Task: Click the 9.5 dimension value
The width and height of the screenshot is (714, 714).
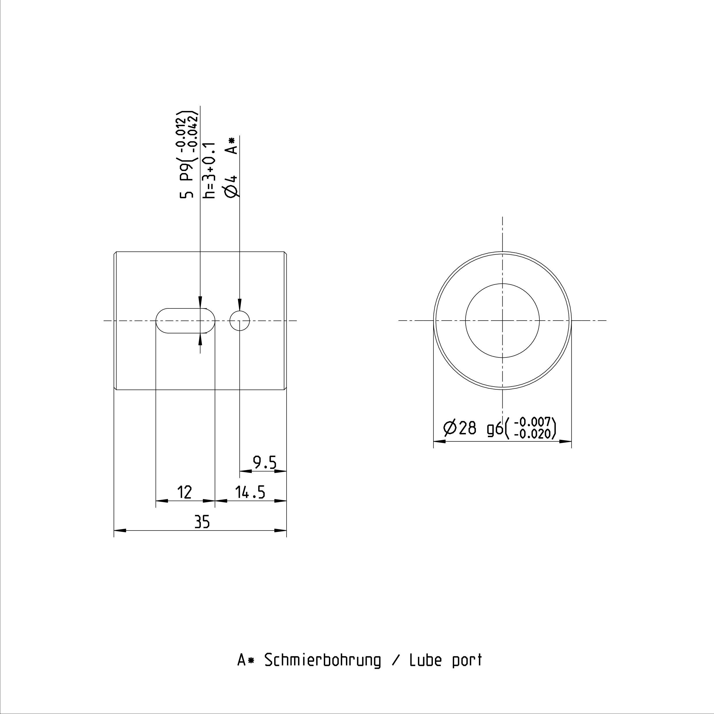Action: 265,463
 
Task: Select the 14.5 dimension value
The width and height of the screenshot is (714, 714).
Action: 250,492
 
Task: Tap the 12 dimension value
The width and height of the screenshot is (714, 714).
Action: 184,492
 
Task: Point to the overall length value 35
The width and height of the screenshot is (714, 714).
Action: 202,522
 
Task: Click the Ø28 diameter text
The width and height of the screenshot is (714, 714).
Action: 459,428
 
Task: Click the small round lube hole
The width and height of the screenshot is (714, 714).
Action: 239,320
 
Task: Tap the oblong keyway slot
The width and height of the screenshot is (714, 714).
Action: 185,320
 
